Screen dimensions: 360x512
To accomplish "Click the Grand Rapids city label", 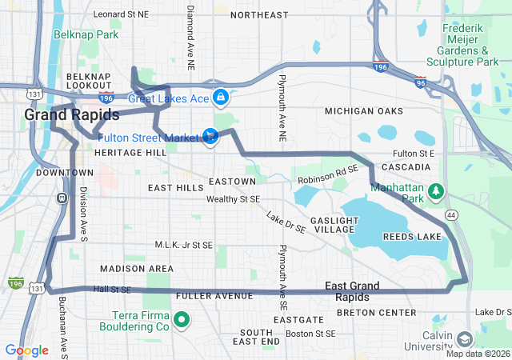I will tap(61, 115).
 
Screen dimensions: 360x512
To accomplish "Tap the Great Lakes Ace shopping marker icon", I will tap(221, 98).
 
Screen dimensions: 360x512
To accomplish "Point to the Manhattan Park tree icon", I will tap(436, 191).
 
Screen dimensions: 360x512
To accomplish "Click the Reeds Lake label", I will tap(412, 237).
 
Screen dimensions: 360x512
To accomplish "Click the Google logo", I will tap(27, 350).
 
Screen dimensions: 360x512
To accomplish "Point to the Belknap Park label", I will tap(86, 34).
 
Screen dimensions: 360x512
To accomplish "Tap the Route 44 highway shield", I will tap(451, 215).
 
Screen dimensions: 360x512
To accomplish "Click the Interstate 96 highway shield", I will tap(422, 82).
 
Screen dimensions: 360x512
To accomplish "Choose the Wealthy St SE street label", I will tap(233, 198).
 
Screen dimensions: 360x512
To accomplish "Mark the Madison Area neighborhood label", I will tap(136, 268).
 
